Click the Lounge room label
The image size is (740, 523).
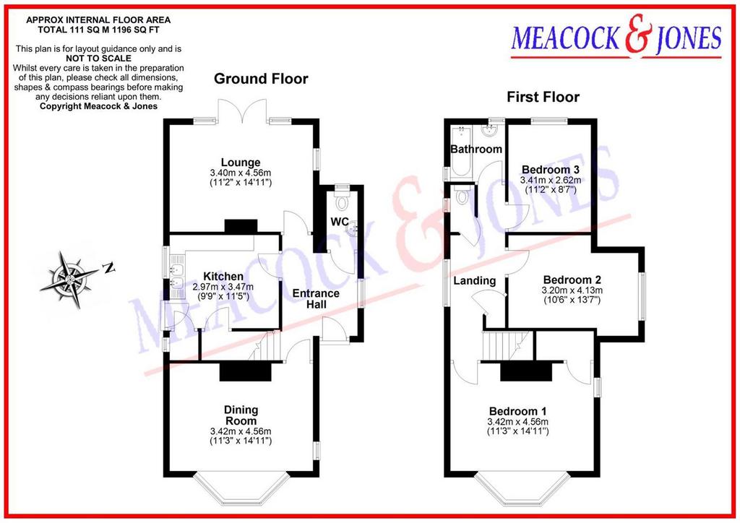point(241,163)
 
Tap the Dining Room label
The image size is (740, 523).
point(241,415)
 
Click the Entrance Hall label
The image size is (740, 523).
point(316,299)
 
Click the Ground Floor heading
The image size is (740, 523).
point(261,78)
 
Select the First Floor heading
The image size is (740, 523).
point(543,97)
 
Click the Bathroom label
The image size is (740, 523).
point(476,150)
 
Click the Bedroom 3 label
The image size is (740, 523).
point(550,170)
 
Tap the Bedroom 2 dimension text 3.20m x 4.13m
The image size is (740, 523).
point(572,290)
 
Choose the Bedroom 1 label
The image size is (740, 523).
point(517,411)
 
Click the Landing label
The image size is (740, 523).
point(475,281)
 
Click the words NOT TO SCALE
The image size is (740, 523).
point(98,59)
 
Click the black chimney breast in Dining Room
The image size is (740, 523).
point(246,371)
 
